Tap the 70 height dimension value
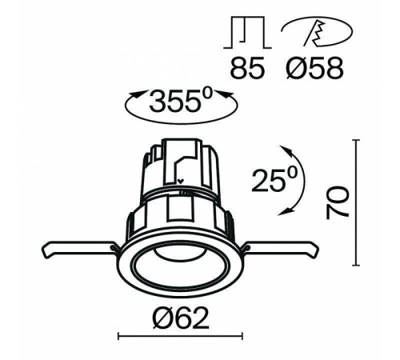337,203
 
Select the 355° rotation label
181,102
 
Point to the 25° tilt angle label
274,180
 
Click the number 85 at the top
247,67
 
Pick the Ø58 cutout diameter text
314,67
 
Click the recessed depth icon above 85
247,33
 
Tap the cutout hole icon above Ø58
317,32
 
